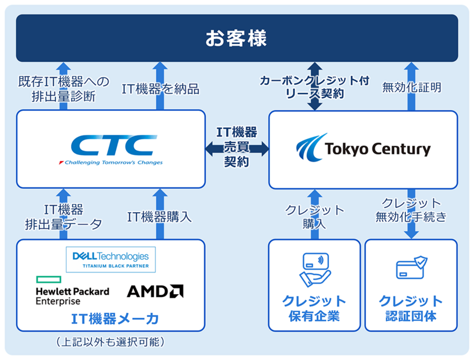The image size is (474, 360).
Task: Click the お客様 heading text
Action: click(x=236, y=39)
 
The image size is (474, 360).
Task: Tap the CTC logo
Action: click(x=110, y=145)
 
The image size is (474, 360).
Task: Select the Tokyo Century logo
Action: click(x=363, y=149)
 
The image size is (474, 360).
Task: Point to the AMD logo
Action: click(x=155, y=291)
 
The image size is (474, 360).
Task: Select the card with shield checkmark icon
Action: click(x=411, y=269)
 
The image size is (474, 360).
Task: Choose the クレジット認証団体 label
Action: click(x=411, y=309)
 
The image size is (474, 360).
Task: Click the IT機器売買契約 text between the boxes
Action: click(x=237, y=148)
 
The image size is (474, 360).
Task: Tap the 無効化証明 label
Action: click(x=412, y=87)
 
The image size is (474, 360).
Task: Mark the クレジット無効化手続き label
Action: click(x=411, y=210)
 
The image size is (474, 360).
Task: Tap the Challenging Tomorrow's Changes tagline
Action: click(x=110, y=163)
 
